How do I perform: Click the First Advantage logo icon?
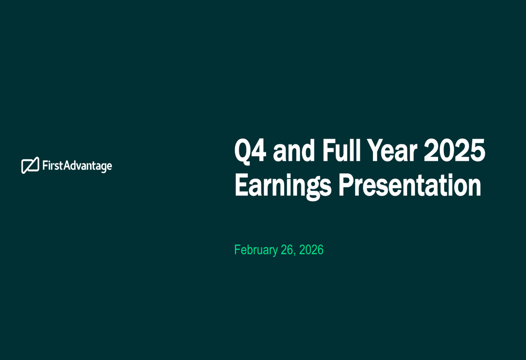(x=30, y=165)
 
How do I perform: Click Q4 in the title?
(x=250, y=151)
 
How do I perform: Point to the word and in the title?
(x=294, y=150)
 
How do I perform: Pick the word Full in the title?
(x=340, y=150)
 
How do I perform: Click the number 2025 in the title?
(x=454, y=150)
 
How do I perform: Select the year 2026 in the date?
(x=311, y=250)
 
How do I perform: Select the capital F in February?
(x=237, y=250)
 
